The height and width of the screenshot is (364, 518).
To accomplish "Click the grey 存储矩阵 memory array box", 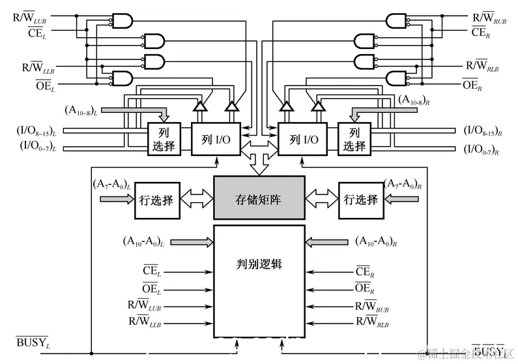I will pyautogui.click(x=259, y=198).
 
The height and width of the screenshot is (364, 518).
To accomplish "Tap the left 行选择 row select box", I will pyautogui.click(x=157, y=200).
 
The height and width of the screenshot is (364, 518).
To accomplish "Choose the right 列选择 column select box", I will pyautogui.click(x=354, y=138).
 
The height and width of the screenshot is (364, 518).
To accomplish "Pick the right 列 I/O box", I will pyautogui.click(x=303, y=140).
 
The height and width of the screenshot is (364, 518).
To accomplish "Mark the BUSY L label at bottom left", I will pyautogui.click(x=33, y=342).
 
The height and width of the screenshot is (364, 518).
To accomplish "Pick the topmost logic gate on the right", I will pyautogui.click(x=395, y=22).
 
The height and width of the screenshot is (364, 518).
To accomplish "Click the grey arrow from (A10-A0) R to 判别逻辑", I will pyautogui.click(x=328, y=242).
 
